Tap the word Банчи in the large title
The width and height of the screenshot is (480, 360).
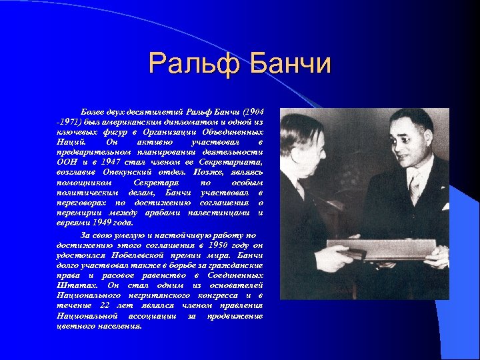pos(291,64)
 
